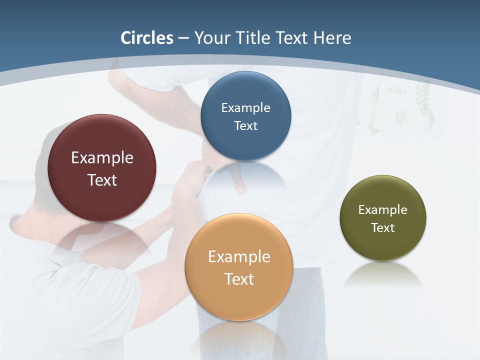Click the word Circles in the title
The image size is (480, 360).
[147, 38]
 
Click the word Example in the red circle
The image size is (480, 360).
[102, 157]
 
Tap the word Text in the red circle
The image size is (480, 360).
[102, 180]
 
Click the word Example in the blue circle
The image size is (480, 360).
[245, 107]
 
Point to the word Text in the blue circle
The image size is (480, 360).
[245, 125]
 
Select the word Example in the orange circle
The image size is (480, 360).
[239, 256]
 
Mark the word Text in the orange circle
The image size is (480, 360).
[239, 279]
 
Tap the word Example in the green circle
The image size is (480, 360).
[382, 209]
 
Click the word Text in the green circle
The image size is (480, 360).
[382, 227]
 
